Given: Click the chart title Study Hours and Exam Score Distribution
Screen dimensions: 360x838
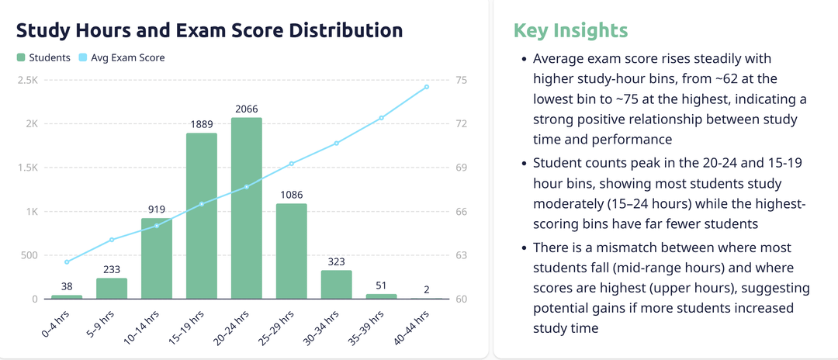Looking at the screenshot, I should click(x=209, y=31).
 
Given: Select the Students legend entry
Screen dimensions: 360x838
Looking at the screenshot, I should click(x=44, y=57).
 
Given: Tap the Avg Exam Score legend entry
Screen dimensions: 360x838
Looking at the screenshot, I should click(x=122, y=57).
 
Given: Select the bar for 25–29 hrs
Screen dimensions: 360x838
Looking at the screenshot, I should click(x=292, y=251).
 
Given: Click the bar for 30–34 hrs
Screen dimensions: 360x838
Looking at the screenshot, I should click(x=337, y=284).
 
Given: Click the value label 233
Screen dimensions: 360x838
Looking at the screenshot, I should click(x=112, y=270).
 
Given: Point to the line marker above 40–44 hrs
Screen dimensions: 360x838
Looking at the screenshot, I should click(x=427, y=87).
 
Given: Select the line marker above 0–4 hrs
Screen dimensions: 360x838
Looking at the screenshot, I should click(x=67, y=261).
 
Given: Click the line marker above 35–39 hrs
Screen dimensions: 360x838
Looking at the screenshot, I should click(x=382, y=118).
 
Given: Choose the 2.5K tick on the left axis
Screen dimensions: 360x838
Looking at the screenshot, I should click(x=28, y=80).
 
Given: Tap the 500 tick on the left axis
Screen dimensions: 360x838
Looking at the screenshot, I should click(x=29, y=255).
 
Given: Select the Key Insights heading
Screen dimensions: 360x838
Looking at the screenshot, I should click(x=570, y=31).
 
